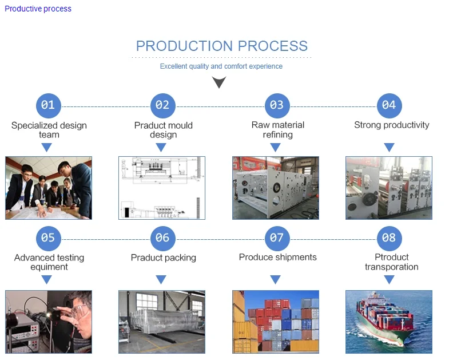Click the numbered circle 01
pos(48,105)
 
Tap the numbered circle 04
pos(389,105)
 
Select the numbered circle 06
pos(162,238)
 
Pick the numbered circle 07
pos(277,238)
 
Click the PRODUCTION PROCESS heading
pos(221,46)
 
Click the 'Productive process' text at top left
pos(38,9)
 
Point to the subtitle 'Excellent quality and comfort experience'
pos(221,66)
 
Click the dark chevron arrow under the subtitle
pos(219,83)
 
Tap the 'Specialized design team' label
pos(49,130)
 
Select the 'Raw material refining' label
pos(277,130)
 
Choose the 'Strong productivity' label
pos(391,125)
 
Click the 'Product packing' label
pos(163,258)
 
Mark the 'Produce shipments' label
pos(277,258)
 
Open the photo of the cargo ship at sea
pos(388,321)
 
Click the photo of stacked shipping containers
pos(275,321)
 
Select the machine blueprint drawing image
pos(162,188)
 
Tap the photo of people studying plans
pos(49,188)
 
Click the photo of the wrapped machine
pos(162,321)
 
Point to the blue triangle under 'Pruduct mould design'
pos(161,148)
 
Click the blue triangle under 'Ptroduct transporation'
pos(389,280)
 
